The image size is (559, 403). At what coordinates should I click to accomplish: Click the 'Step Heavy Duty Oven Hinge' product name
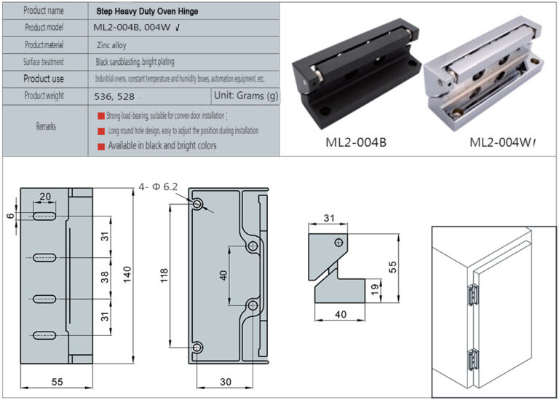(x=148, y=12)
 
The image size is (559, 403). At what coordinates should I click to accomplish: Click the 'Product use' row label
(x=44, y=79)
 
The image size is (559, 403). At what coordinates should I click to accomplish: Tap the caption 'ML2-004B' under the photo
(x=356, y=142)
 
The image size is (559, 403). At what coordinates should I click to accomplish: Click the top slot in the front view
(x=44, y=216)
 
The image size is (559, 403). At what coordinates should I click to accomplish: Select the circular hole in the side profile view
(x=338, y=243)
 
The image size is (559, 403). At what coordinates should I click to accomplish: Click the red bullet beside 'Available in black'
(x=101, y=146)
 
